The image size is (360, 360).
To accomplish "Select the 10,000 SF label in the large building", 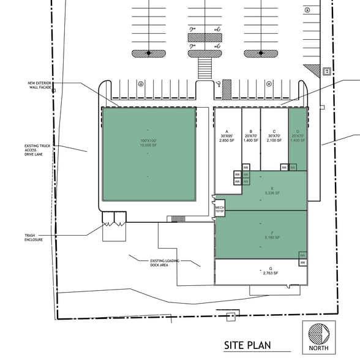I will point(148,145).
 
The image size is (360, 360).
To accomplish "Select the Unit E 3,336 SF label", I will point(272,190).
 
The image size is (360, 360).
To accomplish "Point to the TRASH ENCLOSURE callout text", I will point(34,238).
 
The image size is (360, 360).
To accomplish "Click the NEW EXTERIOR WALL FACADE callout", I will point(40,85).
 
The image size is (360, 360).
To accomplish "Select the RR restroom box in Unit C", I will point(284,167).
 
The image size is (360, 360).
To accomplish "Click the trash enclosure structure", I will point(114,219).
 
